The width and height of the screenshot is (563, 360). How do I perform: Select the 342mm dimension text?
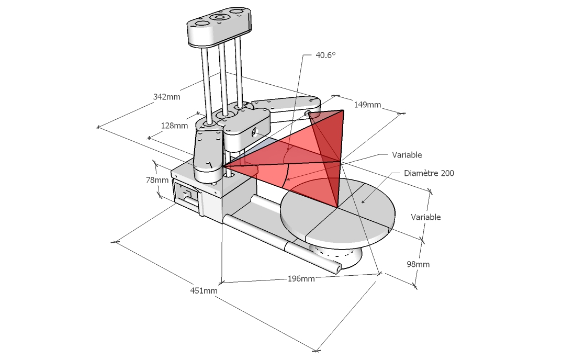tap(166, 97)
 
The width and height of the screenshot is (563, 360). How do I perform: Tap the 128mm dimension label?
tap(174, 126)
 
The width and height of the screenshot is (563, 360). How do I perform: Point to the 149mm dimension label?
tap(367, 105)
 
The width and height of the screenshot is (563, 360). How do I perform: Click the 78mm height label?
tap(157, 180)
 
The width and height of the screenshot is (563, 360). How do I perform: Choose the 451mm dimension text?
tap(204, 290)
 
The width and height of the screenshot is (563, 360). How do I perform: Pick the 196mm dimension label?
tap(301, 278)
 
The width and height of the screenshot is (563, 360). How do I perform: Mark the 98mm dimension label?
tap(418, 264)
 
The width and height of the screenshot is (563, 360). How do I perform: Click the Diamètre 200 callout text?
tap(429, 173)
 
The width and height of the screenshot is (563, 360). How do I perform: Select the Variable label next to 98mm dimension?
tap(425, 217)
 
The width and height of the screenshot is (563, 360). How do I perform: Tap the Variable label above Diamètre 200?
tap(407, 155)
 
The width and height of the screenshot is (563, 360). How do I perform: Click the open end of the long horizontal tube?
tap(339, 268)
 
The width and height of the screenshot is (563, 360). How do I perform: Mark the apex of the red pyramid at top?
tap(343, 110)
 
